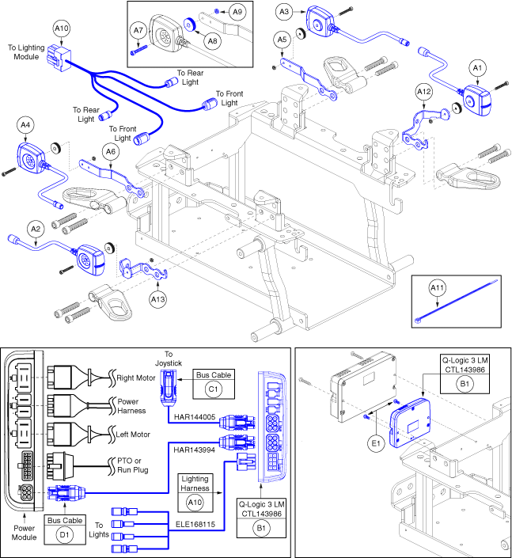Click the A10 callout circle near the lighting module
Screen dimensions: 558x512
click(x=62, y=29)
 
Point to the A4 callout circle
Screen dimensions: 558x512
click(x=25, y=124)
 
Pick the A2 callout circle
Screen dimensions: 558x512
click(x=35, y=228)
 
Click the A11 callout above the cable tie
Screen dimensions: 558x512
click(x=438, y=288)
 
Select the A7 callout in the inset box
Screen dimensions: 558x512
click(x=138, y=32)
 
